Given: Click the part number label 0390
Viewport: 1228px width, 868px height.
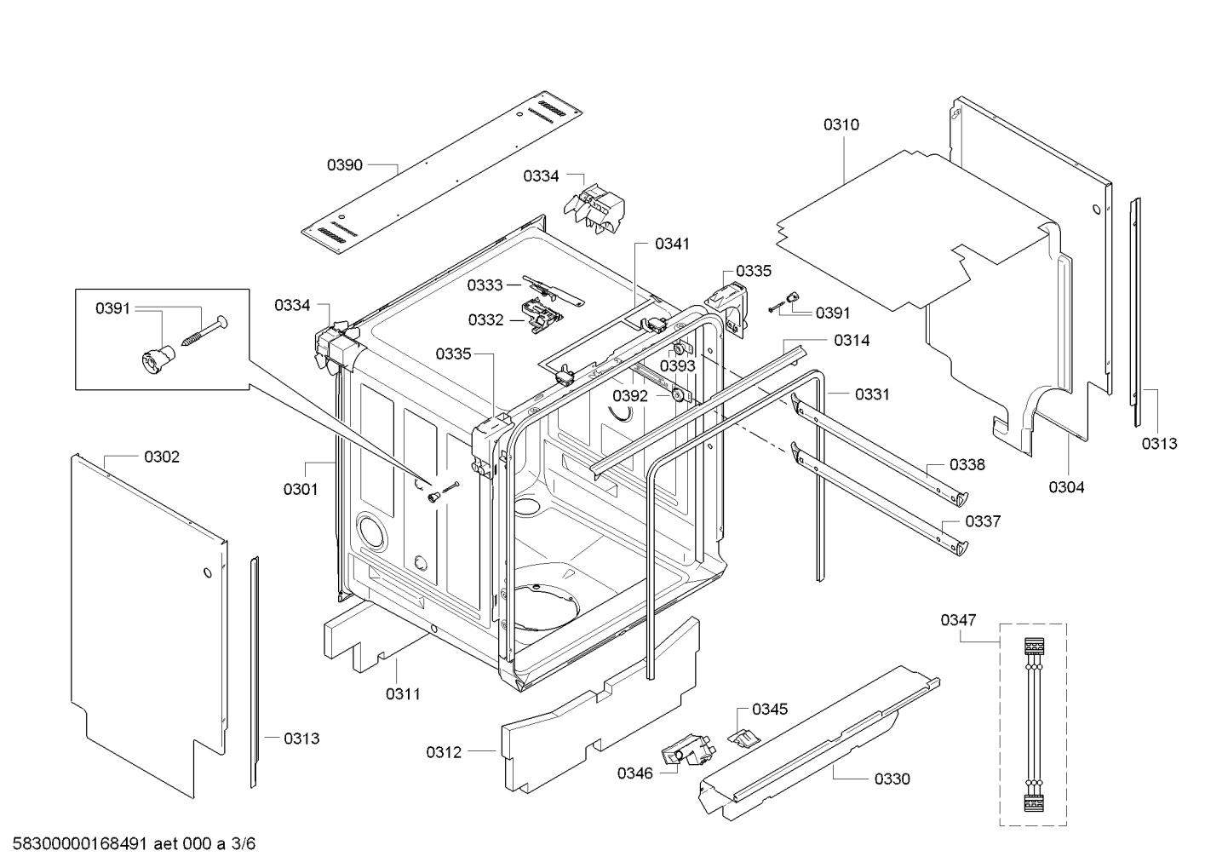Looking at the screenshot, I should pos(344,164).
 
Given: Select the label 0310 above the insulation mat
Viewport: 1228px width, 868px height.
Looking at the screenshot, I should pos(841,124).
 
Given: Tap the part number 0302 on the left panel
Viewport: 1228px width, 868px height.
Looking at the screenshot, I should pos(161,457).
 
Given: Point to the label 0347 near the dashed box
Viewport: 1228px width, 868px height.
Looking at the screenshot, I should pos(958,620).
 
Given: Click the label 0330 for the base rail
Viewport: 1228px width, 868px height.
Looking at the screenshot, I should pos(892,779).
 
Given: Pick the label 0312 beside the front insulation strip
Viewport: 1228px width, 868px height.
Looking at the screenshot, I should pos(444,752).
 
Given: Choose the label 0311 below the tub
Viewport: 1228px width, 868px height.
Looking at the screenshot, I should pos(403,694).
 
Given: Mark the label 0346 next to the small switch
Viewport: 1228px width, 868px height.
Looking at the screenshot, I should pos(635,773).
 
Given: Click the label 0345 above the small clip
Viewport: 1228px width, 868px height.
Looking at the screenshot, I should pos(770,709).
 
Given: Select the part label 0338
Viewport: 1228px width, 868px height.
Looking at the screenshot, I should pos(967,464).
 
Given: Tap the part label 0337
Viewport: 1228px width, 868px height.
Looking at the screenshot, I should pos(983,521).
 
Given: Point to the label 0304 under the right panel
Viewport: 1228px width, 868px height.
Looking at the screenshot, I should pos(1066,487).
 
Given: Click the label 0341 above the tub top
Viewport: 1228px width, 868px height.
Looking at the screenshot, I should pos(672,244).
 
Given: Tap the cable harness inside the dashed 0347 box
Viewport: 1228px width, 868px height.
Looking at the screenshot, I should pos(1033,724).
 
